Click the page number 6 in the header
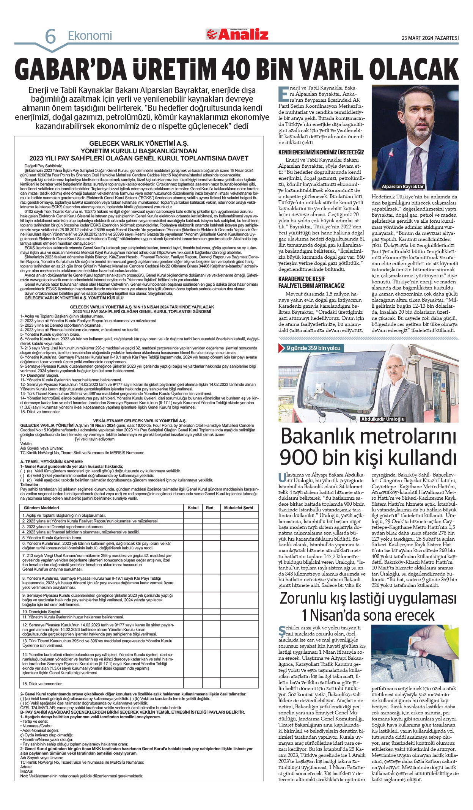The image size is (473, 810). coord(50,37)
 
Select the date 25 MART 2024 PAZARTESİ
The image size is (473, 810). coord(430,38)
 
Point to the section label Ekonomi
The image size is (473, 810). coord(90,36)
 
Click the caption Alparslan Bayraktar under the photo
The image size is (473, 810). coord(402,187)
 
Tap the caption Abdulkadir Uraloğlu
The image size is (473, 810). coord(383,419)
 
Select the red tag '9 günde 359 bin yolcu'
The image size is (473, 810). coord(313,348)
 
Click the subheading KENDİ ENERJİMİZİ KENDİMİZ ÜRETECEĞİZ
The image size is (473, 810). coord(321,153)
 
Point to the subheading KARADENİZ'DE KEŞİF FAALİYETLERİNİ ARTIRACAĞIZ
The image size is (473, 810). coord(311,282)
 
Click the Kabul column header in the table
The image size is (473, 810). coord(193,508)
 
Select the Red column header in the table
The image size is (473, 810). coord(209,508)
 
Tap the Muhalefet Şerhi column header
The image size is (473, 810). coord(238,508)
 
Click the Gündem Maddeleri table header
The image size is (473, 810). coord(41,508)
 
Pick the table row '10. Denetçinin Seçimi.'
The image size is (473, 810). coord(41,612)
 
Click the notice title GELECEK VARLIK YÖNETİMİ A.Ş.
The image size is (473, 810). coord(138,144)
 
